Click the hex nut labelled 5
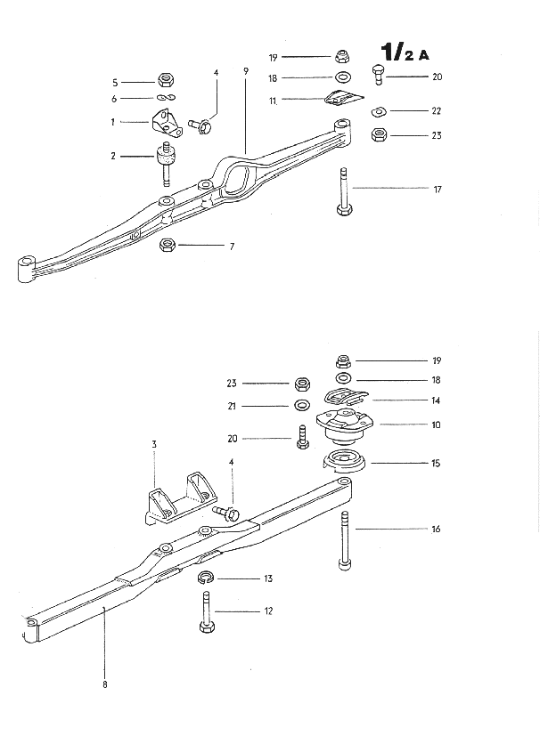tap(165, 82)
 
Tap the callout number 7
tap(232, 246)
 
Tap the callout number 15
tap(436, 463)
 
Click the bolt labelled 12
tap(204, 613)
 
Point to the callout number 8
tap(104, 684)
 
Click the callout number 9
tap(244, 72)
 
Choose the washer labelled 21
tap(301, 407)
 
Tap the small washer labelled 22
tap(378, 111)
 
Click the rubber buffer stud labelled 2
tap(165, 163)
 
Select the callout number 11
tap(274, 101)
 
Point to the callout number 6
tap(115, 99)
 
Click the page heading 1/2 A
tap(404, 50)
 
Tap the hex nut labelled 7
tap(167, 245)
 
